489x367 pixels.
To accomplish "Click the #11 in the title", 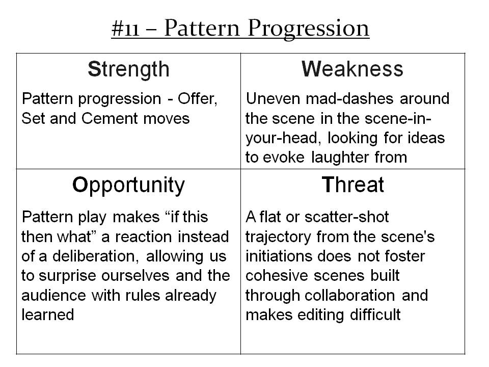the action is coord(125,29).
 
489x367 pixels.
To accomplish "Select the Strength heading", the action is coord(128,69).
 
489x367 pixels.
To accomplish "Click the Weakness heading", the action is coord(352,69).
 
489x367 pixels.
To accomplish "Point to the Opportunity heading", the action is coord(128,186).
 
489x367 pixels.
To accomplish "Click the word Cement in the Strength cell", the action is coord(110,119).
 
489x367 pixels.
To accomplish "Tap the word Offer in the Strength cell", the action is coord(198,99).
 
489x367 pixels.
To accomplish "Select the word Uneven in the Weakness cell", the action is coord(273,98).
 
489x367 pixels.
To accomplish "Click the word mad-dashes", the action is coord(349,98).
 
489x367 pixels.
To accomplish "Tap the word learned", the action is coord(48,314).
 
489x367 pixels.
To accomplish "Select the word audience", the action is coord(53,296).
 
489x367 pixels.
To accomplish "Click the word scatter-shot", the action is coord(346,217).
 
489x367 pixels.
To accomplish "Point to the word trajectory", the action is coord(278,238).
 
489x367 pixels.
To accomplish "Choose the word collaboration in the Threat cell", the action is coord(349,296).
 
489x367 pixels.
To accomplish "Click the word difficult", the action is coord(375,314).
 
